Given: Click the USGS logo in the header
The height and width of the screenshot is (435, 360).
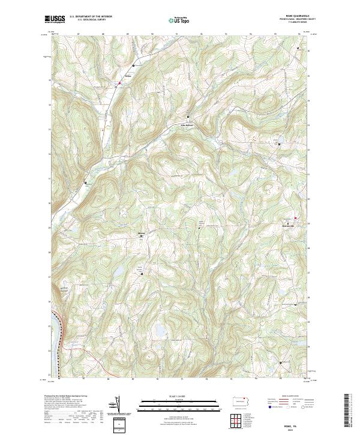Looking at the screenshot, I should pyautogui.click(x=55, y=19).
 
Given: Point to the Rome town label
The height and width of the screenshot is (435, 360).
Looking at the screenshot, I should pyautogui.click(x=127, y=76).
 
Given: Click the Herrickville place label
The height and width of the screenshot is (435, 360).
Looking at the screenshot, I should pyautogui.click(x=289, y=226).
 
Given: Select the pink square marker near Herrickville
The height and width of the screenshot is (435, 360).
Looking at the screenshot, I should pyautogui.click(x=295, y=217).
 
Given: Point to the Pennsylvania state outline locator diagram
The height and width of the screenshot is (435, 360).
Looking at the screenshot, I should pyautogui.click(x=239, y=401).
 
